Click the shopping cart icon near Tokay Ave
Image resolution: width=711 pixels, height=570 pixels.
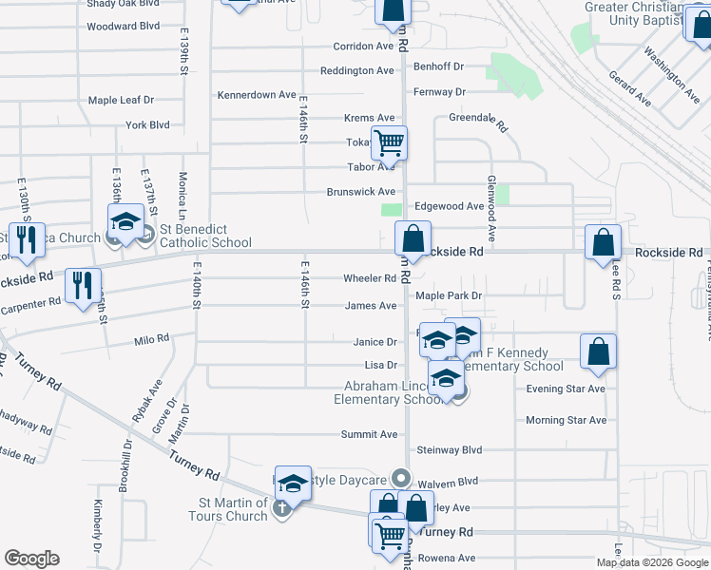tap(389, 143)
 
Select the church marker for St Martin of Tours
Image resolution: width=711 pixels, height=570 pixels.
tap(281, 510)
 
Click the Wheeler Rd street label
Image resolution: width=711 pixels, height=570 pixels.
tap(370, 278)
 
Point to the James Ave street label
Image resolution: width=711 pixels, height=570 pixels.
tap(371, 306)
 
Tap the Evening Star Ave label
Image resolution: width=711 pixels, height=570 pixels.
tap(566, 389)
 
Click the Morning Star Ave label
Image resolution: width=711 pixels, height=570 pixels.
tap(566, 420)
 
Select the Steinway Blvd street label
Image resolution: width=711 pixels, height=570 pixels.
tap(449, 449)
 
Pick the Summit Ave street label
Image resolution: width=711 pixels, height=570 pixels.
tap(370, 434)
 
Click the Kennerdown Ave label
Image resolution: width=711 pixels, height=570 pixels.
tap(257, 95)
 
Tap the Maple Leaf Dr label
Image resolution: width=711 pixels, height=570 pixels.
tap(121, 100)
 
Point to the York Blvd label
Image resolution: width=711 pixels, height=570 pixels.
tap(147, 124)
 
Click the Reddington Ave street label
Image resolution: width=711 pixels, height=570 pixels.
tap(356, 71)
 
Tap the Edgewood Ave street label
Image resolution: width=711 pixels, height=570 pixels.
tap(450, 206)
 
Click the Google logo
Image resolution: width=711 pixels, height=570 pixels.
tap(31, 559)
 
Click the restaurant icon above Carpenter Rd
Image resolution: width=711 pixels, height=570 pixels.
tap(82, 285)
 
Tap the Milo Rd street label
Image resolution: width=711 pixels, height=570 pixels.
tap(152, 339)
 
